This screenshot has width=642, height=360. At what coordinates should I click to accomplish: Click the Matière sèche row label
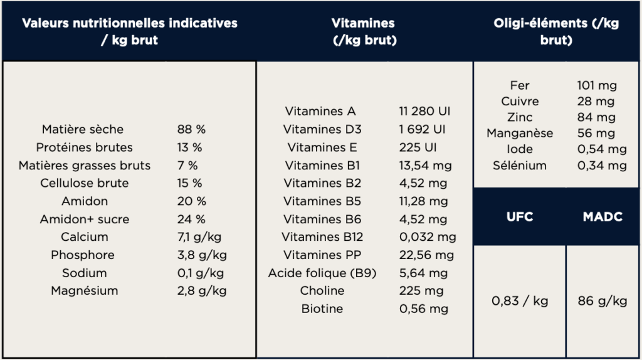click(x=83, y=130)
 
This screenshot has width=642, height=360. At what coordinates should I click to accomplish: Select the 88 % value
click(x=191, y=130)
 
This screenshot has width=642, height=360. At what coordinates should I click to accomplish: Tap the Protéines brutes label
click(x=85, y=147)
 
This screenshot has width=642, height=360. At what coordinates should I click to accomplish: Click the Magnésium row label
click(x=85, y=291)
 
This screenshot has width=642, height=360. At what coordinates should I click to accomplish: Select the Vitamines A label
click(x=320, y=112)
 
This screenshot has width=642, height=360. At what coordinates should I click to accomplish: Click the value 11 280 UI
click(x=424, y=112)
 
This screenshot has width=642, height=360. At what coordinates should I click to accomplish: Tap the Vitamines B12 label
click(x=322, y=237)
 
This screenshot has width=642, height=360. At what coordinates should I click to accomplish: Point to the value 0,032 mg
click(x=428, y=237)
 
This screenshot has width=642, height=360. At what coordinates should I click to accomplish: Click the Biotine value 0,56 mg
click(x=423, y=309)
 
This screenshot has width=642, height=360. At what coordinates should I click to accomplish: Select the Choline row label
click(x=322, y=291)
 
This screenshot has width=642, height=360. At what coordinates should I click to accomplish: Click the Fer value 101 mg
click(x=597, y=85)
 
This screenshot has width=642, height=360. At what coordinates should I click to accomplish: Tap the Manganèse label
click(x=520, y=133)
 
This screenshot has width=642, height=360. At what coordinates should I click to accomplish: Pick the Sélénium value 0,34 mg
click(x=601, y=166)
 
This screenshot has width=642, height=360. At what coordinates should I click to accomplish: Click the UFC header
click(x=520, y=217)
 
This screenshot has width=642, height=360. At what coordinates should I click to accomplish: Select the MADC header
click(x=602, y=217)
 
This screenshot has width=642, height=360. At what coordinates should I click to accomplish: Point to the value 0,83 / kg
click(x=520, y=301)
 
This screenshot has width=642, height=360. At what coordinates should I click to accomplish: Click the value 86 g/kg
click(x=602, y=301)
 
